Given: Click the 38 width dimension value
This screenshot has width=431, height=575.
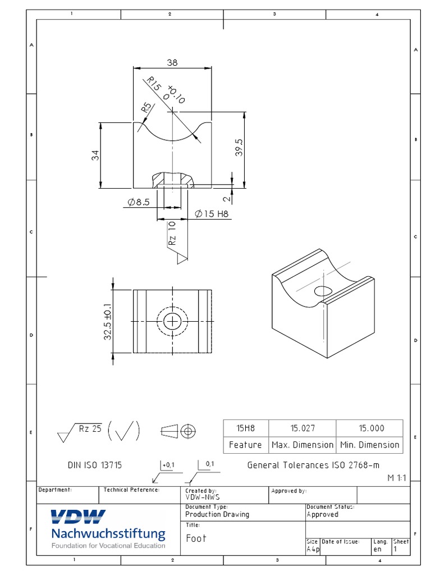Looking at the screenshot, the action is tap(172, 63).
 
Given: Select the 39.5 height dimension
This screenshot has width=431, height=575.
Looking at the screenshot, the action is tap(239, 148).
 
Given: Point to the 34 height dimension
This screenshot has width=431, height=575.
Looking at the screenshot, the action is tap(95, 155).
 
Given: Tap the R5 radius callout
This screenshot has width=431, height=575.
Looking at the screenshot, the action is tap(146, 107).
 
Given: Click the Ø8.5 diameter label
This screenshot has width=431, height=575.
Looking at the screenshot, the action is tap(139, 202).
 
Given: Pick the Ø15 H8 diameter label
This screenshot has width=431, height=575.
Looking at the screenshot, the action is tap(212, 214).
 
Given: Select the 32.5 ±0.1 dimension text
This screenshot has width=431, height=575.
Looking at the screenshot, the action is tap(108, 322).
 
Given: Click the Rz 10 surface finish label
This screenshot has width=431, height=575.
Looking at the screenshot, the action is tap(172, 233).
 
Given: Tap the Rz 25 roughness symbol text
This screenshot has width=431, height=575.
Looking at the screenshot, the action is tap(90, 428).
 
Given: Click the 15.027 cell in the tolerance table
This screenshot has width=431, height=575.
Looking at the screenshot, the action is tap(302, 428).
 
